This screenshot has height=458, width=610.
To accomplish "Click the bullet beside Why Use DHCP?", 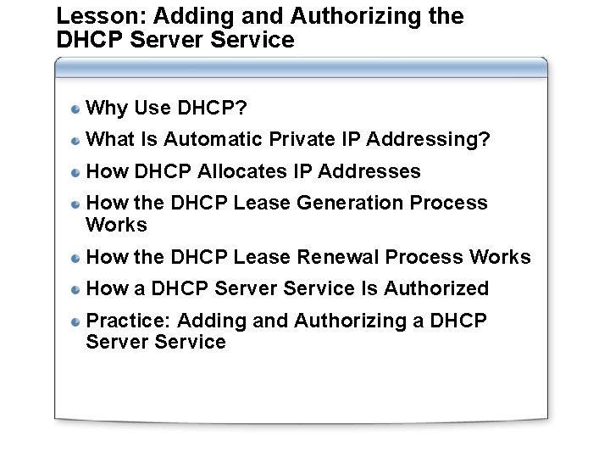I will coord(76,109).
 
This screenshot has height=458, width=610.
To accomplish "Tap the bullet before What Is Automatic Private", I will coord(76,140).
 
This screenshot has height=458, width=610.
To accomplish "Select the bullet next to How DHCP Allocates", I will coord(76,172).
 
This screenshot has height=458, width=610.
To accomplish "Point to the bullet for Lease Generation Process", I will coord(76,204).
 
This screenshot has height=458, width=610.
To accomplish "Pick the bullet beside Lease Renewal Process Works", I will coord(76,258).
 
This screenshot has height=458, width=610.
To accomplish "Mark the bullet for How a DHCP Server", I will coord(76,289).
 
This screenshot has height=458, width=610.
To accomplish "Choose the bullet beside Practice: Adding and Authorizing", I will coord(76,321).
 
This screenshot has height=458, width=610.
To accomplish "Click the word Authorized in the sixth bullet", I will coord(436,288).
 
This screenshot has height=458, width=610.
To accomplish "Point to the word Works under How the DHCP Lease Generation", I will coord(117,225).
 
